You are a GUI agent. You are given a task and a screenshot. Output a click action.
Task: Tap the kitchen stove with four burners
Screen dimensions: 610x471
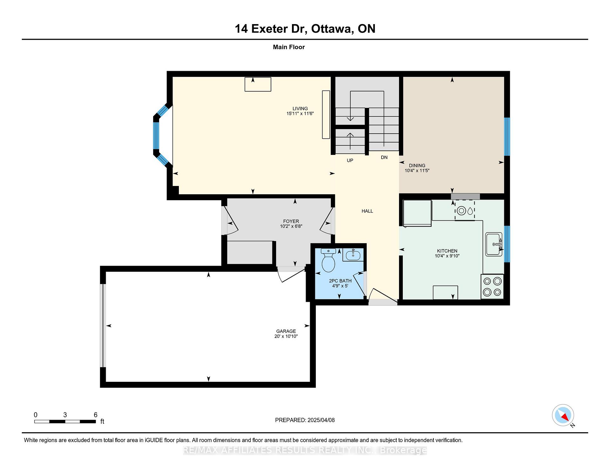(492, 287)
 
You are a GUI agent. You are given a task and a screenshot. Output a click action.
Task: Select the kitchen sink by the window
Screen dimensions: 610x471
(494, 244)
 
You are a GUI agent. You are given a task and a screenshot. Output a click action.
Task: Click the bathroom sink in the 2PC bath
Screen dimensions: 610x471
(353, 255)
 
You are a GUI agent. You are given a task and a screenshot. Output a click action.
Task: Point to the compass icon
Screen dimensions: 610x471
(563, 415)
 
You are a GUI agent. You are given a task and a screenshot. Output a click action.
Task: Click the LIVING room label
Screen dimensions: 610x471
(300, 109)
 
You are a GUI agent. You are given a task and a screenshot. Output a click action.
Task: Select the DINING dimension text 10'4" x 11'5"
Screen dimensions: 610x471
(417, 170)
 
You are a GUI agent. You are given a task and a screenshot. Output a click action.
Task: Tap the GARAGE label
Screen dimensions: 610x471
(286, 331)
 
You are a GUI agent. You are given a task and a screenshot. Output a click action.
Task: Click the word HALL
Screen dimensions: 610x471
(367, 211)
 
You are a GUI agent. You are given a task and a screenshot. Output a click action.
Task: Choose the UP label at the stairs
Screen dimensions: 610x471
(350, 161)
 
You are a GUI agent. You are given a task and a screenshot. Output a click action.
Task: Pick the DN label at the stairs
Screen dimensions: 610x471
(384, 157)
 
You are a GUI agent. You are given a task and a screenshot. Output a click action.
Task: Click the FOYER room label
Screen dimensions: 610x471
(291, 221)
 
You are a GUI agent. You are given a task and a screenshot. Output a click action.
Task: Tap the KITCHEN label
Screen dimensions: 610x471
(447, 251)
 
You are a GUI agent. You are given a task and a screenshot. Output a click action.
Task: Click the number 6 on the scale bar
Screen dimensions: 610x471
(96, 415)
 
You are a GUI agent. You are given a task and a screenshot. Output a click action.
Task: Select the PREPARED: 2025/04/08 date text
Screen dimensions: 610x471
(305, 420)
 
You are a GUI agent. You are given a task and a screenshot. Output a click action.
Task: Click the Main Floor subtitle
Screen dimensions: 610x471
(289, 47)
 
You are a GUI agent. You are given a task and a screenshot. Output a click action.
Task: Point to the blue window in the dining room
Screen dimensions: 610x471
(507, 136)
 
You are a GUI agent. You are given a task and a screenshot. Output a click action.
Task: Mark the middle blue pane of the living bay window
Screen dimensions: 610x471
(156, 136)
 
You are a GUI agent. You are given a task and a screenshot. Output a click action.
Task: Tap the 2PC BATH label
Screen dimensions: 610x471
(340, 281)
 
